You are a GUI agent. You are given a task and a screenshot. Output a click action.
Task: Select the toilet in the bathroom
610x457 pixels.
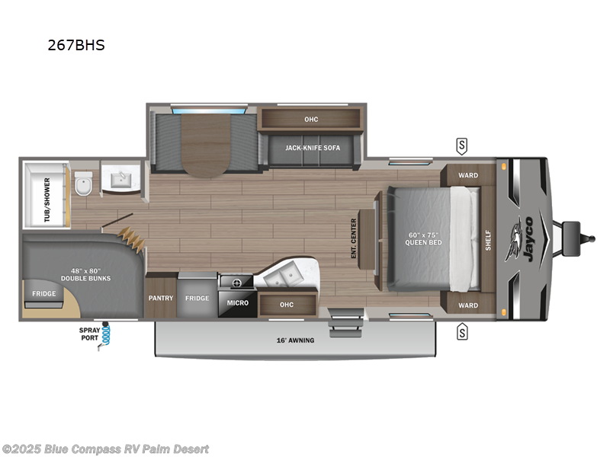coord(84,184)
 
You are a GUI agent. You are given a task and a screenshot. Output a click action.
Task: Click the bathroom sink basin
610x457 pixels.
coord(120,181)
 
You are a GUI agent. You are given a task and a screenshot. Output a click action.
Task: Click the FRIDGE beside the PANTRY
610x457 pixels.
coord(197,298)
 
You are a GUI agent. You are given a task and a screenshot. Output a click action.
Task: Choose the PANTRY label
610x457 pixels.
coord(161,298)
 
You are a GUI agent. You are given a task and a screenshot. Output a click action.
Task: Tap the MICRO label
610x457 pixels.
coord(237,303)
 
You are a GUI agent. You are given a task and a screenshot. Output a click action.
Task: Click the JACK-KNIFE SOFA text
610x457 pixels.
coord(313,147)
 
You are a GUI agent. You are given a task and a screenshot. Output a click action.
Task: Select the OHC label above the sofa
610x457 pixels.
coord(310,120)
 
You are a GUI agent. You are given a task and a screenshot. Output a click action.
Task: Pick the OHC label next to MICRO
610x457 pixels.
coord(286,305)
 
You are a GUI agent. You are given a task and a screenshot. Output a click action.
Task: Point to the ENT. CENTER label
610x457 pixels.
coord(354,238)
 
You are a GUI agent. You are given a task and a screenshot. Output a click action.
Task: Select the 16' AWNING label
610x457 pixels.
coord(296,340)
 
